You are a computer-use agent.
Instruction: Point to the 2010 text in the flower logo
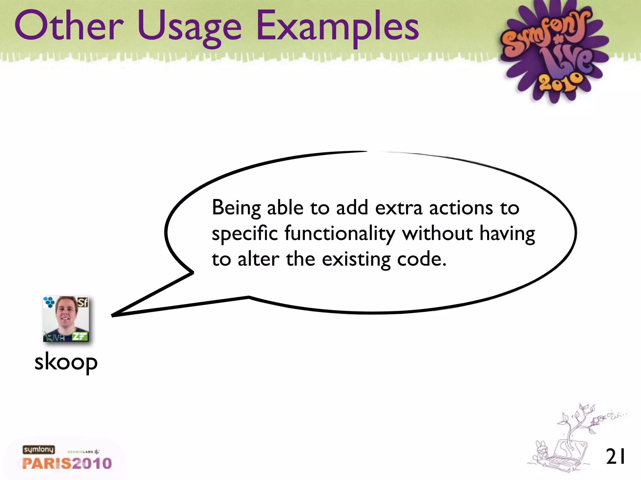click(560, 82)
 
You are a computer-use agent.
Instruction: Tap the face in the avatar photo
click(66, 312)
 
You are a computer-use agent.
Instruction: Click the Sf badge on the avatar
click(83, 302)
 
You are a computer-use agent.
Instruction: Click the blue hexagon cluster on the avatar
click(49, 302)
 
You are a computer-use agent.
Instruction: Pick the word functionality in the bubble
click(340, 234)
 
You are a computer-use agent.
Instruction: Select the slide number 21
click(615, 457)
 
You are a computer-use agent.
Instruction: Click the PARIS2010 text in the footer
click(67, 463)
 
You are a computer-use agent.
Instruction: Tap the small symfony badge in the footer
click(38, 450)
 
